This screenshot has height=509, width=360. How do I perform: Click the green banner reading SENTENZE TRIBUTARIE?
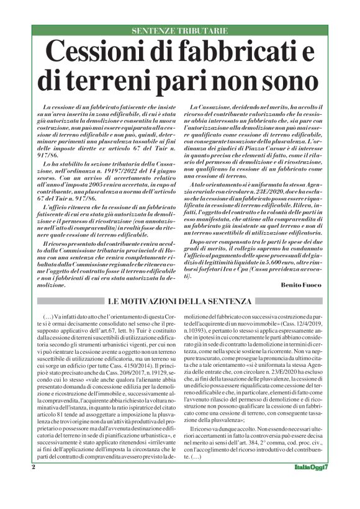click(x=179, y=30)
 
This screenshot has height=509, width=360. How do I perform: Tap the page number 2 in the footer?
click(x=34, y=484)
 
